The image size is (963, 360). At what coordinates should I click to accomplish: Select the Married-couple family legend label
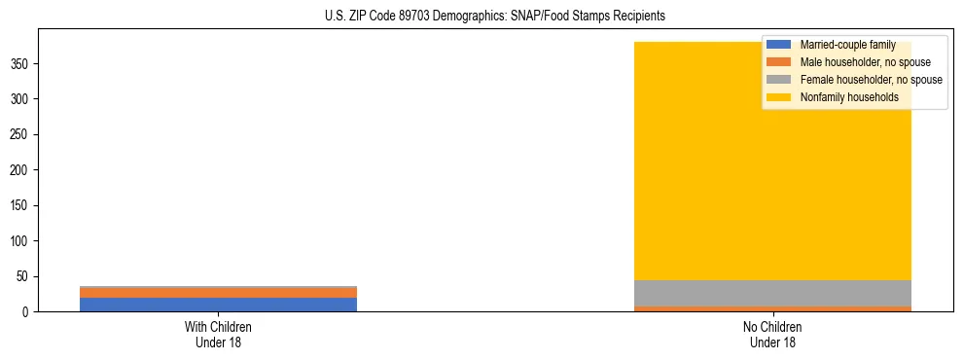click(x=847, y=45)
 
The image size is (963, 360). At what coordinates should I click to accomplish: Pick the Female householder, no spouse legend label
click(x=871, y=80)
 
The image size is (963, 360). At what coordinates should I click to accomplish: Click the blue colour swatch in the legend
click(x=779, y=45)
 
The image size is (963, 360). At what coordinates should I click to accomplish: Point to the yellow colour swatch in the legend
click(x=779, y=97)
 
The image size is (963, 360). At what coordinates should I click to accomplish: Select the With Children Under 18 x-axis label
click(x=218, y=334)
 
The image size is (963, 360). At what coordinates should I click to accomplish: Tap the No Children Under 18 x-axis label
click(x=772, y=334)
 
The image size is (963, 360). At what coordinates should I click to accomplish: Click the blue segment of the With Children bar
click(x=218, y=305)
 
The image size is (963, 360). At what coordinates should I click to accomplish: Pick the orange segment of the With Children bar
click(x=218, y=293)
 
